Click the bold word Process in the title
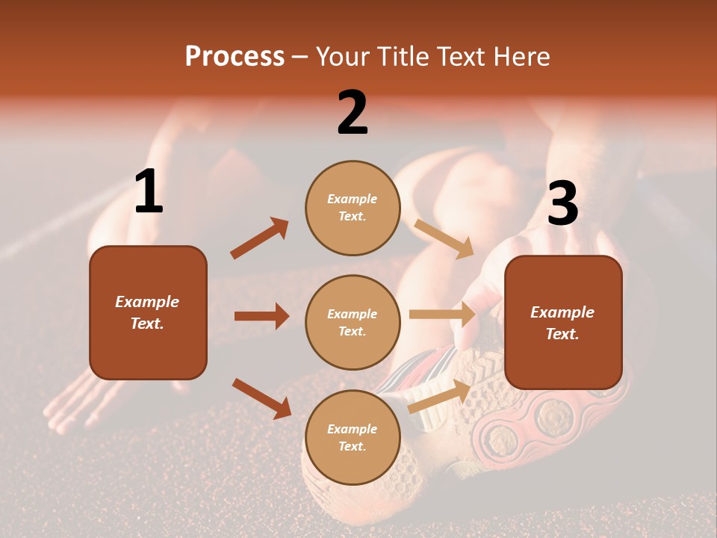pos(235,57)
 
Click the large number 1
pos(149,192)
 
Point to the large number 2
pos(353,113)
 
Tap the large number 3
pos(562,203)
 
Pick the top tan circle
pos(353,208)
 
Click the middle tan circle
pos(353,322)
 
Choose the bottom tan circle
pos(353,437)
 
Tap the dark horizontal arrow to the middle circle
pos(261,316)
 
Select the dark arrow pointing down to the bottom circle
pos(261,398)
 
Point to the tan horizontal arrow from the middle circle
pos(442,315)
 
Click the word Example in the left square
pos(147,302)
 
